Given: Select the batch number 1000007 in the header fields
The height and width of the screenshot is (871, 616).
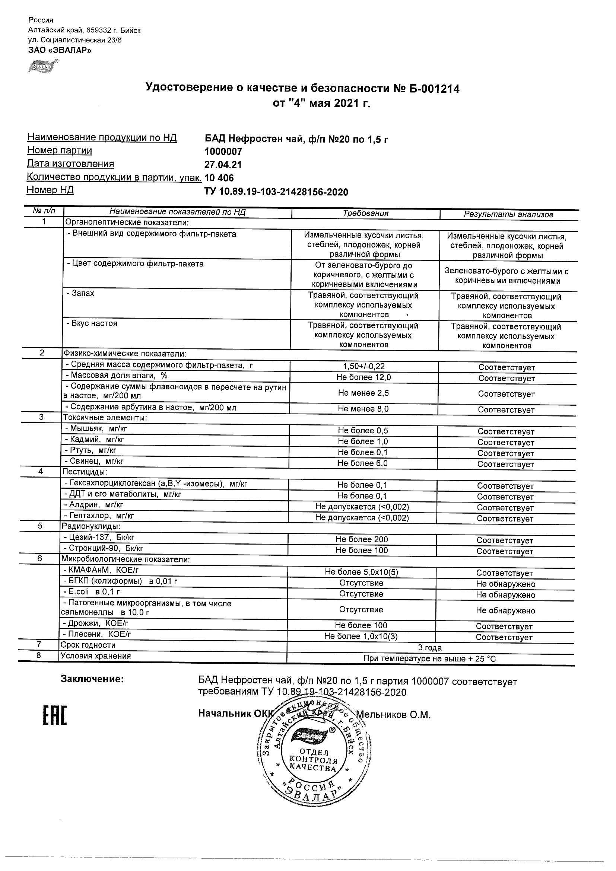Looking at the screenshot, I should [x=223, y=152].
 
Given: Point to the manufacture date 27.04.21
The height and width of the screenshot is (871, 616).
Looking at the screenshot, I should [x=223, y=165].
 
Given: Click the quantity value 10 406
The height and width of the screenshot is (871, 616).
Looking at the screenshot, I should [x=219, y=178].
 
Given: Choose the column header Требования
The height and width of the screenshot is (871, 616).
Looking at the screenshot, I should [x=365, y=213].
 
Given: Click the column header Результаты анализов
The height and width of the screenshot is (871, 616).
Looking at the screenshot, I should [x=508, y=214].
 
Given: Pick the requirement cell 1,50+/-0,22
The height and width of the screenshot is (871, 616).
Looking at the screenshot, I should [x=363, y=366].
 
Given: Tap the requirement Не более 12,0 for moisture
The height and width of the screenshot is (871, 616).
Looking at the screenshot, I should [x=363, y=377].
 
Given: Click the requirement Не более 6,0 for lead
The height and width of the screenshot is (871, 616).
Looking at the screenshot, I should [x=362, y=463].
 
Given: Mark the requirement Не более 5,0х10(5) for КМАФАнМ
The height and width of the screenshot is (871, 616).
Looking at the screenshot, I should [x=361, y=572].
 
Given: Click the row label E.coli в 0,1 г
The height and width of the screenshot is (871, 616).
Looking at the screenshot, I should [x=91, y=592].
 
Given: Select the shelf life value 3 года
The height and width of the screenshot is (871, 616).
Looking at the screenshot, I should [x=430, y=648].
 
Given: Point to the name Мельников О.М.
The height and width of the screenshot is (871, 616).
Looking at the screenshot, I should [x=393, y=715].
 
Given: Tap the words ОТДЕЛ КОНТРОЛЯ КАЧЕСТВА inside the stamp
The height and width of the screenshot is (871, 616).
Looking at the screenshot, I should [x=314, y=760].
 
